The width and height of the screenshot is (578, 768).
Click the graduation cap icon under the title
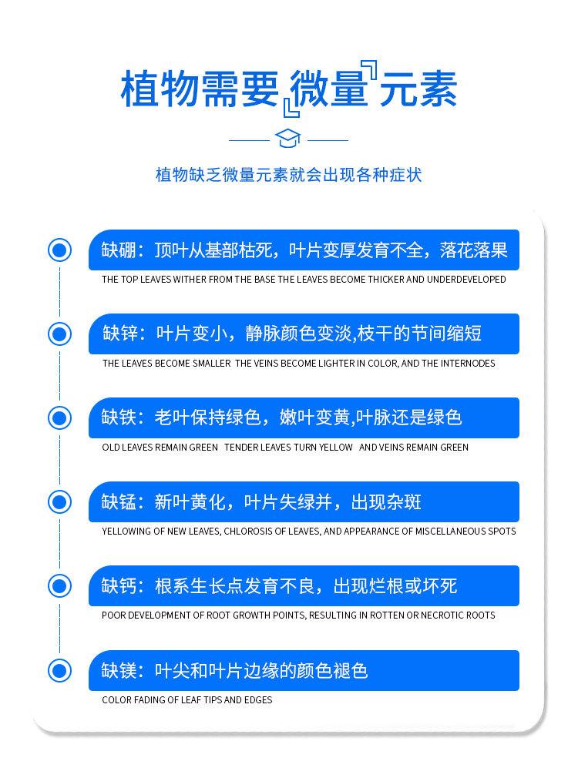tap(288, 139)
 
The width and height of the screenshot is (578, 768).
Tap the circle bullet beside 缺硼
tap(60, 250)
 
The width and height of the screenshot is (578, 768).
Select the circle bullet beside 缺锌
tap(60, 334)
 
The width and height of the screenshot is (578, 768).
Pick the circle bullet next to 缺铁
tap(60, 418)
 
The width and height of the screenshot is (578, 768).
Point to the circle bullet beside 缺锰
tap(60, 502)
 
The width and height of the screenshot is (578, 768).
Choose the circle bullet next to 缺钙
tap(60, 586)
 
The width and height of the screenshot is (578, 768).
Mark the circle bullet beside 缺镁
tap(60, 670)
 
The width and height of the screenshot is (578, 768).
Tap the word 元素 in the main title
tap(418, 89)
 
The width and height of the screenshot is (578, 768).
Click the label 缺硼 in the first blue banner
tap(119, 250)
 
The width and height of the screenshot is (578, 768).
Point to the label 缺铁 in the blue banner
tap(119, 418)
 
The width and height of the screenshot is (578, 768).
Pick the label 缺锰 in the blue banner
tap(119, 502)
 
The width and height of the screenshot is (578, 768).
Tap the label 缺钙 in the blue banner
tap(119, 586)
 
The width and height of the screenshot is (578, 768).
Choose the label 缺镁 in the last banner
tap(119, 670)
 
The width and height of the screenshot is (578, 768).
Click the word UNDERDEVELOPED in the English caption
tap(466, 280)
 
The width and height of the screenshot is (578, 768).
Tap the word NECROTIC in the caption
tap(442, 615)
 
